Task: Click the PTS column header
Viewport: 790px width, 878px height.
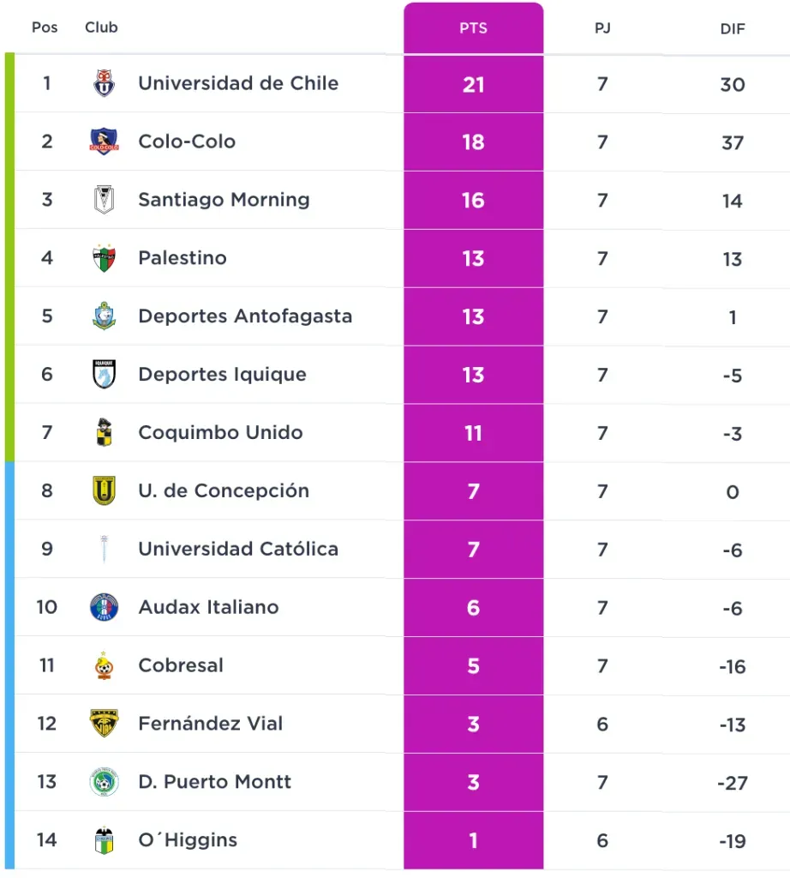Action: [473, 28]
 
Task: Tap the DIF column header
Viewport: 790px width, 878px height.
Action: [732, 28]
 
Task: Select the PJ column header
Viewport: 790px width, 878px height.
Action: [602, 28]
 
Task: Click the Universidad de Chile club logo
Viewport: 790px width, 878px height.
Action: [104, 83]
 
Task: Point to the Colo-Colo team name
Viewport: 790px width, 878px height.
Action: [187, 141]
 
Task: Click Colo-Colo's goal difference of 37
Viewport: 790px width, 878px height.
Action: [732, 142]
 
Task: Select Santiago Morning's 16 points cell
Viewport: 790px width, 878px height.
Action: [473, 201]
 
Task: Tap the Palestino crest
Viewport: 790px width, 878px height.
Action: [104, 258]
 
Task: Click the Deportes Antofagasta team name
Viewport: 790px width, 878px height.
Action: [245, 316]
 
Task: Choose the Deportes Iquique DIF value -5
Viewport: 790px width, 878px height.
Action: [732, 376]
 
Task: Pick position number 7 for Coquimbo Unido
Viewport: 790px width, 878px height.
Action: [46, 433]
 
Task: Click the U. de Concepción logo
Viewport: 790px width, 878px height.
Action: [104, 491]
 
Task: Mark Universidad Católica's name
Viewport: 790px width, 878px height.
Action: [238, 550]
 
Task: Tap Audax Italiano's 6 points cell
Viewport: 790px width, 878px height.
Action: [473, 608]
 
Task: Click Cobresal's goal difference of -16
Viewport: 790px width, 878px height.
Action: [732, 666]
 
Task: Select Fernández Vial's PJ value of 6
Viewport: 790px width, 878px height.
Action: [602, 725]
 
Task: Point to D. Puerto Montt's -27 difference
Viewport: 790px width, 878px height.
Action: [732, 783]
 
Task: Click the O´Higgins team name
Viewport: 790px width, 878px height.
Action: [188, 840]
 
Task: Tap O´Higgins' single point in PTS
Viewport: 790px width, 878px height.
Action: [473, 841]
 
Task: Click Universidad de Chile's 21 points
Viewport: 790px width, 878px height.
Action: [473, 84]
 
